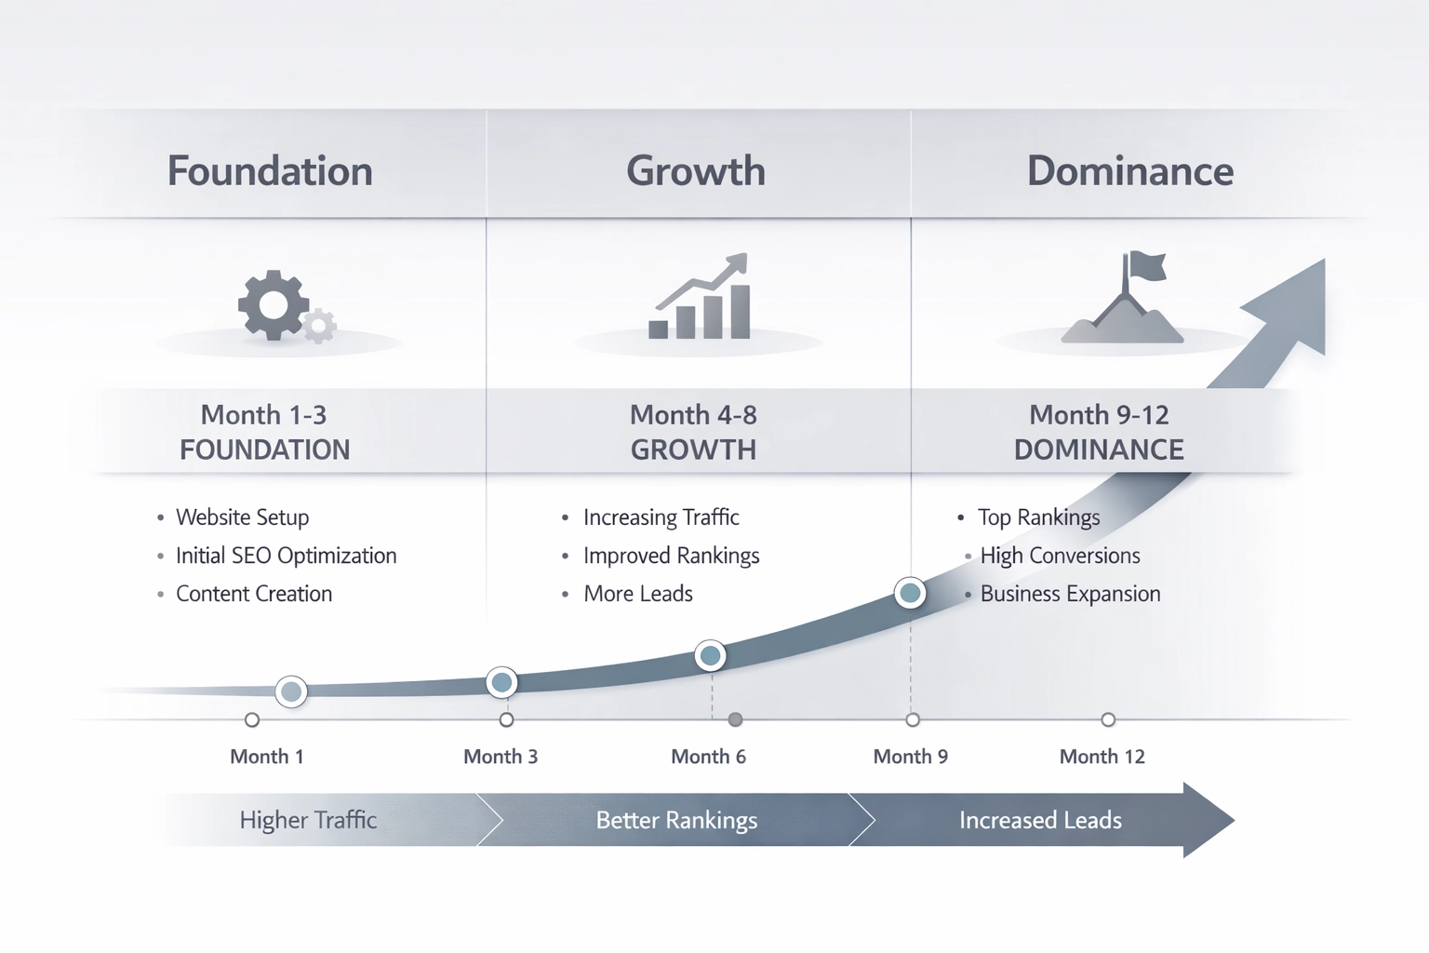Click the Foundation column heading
(x=270, y=171)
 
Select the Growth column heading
(x=696, y=171)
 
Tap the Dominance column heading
(x=1129, y=171)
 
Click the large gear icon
(x=273, y=305)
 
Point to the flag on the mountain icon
(x=1144, y=267)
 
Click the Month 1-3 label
(x=263, y=414)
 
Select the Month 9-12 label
(x=1099, y=414)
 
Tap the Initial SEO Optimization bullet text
(x=286, y=556)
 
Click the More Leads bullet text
(x=638, y=594)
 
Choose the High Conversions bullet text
(x=1060, y=556)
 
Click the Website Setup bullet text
(x=242, y=517)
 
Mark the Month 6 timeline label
(x=708, y=757)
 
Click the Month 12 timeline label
(x=1102, y=757)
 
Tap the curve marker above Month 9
(x=910, y=593)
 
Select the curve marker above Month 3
(x=502, y=683)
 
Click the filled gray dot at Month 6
(x=735, y=719)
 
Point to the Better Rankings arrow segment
(x=676, y=820)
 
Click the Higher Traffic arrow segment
(x=308, y=820)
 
